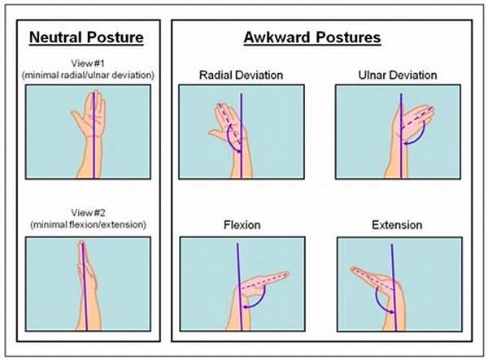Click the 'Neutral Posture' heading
coord(86,37)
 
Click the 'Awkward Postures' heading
coord(312,37)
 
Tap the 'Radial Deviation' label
coord(242,76)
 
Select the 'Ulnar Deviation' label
coord(398,76)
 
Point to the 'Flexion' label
coord(242,225)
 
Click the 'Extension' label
coord(397,225)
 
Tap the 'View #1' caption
coord(88,63)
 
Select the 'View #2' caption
coord(88,213)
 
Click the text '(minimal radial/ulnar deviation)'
coord(88,76)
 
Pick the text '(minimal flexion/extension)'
coord(88,224)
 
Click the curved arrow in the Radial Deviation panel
coord(229,141)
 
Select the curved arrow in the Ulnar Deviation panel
coord(418,137)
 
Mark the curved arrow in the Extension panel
coord(378,301)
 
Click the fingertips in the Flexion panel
coord(285,274)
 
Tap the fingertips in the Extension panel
coord(355,269)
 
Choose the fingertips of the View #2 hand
coord(82,242)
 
